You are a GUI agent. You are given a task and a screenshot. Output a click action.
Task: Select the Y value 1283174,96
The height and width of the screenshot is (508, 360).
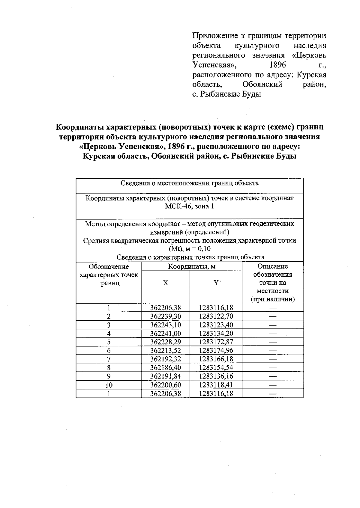click(216, 350)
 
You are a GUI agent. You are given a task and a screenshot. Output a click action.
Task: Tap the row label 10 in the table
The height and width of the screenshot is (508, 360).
click(109, 385)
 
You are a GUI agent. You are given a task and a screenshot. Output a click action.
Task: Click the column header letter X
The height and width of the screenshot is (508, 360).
click(166, 283)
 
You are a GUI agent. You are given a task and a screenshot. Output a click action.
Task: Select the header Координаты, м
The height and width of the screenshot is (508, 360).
click(192, 266)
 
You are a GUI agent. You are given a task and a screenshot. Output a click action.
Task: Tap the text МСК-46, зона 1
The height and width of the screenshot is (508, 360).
click(189, 206)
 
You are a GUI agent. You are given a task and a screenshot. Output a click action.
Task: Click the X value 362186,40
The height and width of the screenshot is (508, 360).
click(166, 367)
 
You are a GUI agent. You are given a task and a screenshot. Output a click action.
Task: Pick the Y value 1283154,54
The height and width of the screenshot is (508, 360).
click(216, 367)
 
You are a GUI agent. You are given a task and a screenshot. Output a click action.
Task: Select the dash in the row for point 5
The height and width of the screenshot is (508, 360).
click(272, 342)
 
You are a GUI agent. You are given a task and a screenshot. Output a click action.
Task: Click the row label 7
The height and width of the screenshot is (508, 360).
click(109, 359)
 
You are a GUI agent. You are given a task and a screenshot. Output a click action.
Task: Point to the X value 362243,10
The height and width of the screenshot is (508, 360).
click(166, 325)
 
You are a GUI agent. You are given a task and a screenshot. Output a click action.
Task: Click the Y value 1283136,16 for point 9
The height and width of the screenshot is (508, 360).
click(216, 376)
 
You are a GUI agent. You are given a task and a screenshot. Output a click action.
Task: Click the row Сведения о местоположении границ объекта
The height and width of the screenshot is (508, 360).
click(189, 183)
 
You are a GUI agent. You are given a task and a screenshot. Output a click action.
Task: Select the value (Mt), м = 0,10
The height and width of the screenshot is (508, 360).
click(189, 249)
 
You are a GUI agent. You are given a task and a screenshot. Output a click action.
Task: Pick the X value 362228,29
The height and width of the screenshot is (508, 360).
click(166, 342)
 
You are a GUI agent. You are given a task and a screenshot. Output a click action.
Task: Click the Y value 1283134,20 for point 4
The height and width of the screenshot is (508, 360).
click(216, 333)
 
